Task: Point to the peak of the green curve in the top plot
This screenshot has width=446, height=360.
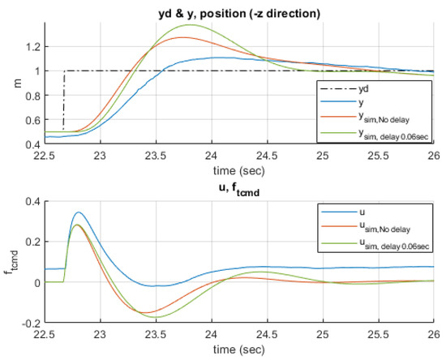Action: tap(191, 25)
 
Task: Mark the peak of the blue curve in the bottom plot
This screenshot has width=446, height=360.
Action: tap(78, 212)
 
